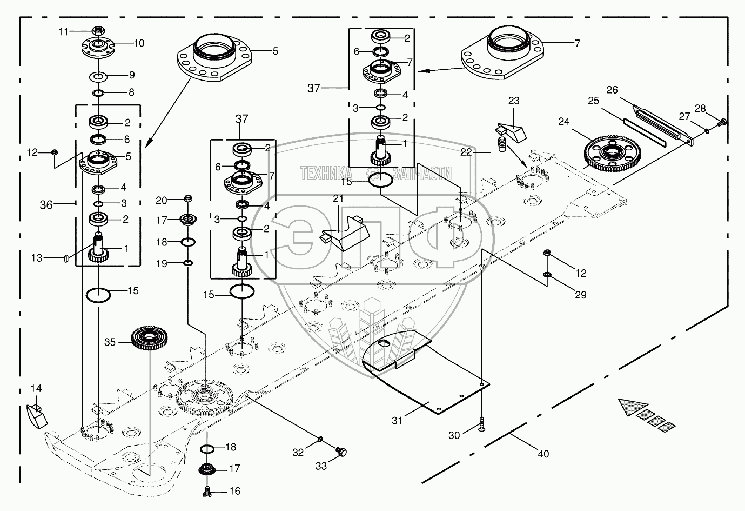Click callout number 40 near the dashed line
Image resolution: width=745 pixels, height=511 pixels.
543,454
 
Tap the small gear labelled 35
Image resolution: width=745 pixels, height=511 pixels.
148,339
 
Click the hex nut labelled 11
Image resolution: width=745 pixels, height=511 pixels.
98,31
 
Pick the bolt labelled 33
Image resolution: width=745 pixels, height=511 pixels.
341,451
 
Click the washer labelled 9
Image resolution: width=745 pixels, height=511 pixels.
98,75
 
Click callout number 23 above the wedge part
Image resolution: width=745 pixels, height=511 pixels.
514,101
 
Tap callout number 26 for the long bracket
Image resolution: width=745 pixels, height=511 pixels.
612,90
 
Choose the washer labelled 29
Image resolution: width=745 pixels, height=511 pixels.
547,277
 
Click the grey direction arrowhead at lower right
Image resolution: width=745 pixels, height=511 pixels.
634,407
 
